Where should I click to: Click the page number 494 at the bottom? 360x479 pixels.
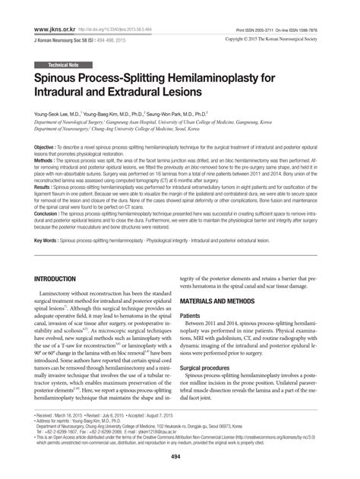[180, 455]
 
